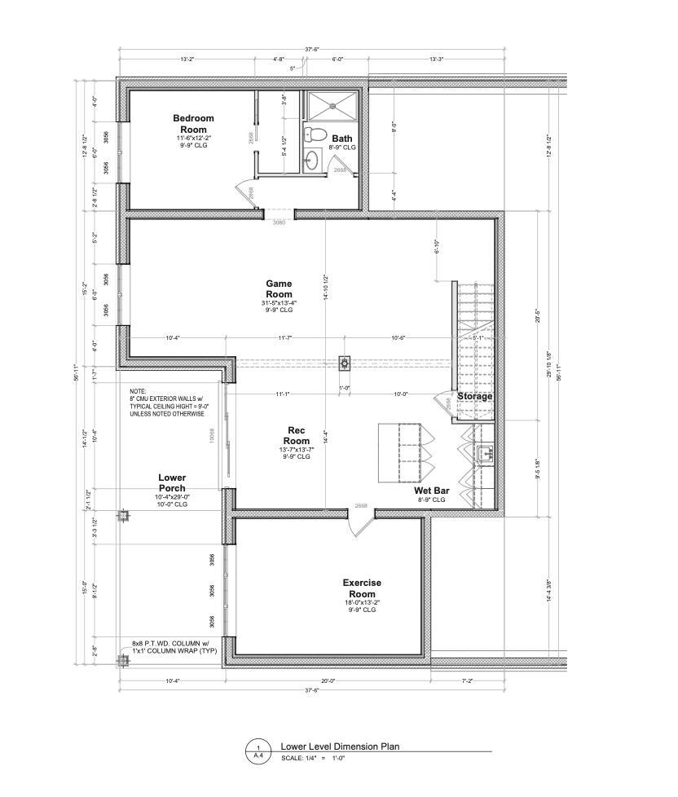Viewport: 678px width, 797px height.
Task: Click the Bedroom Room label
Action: (x=193, y=124)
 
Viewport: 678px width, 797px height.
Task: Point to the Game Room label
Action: (x=279, y=288)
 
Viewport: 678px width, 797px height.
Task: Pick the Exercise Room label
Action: (x=362, y=588)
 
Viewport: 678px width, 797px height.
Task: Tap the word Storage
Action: (x=474, y=396)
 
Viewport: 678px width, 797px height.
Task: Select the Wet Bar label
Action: (x=429, y=491)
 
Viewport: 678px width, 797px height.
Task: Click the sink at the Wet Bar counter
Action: (x=484, y=453)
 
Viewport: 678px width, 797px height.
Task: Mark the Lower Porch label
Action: (x=172, y=483)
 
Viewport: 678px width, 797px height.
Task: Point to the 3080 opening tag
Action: (x=279, y=222)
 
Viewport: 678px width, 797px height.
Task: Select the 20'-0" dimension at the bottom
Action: (x=328, y=680)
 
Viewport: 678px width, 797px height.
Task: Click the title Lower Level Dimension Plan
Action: (x=339, y=746)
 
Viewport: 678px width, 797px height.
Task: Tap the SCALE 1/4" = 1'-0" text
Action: (x=315, y=758)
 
